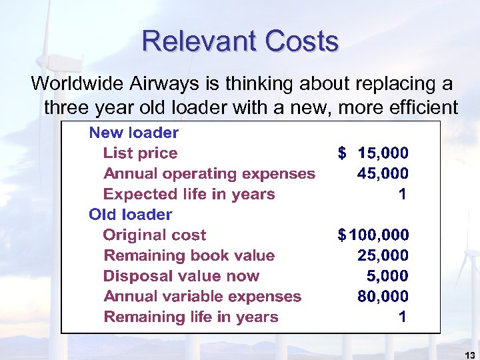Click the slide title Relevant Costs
pyautogui.click(x=240, y=42)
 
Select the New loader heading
pyautogui.click(x=134, y=133)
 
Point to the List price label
pyautogui.click(x=140, y=153)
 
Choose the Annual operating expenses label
pyautogui.click(x=209, y=174)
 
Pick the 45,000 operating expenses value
pyautogui.click(x=383, y=174)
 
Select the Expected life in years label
pyautogui.click(x=189, y=195)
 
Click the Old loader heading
pyautogui.click(x=131, y=215)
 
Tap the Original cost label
pyautogui.click(x=155, y=235)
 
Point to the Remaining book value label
pyautogui.click(x=189, y=255)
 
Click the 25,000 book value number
pyautogui.click(x=383, y=255)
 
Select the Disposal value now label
pyautogui.click(x=181, y=276)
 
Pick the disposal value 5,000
pyautogui.click(x=388, y=276)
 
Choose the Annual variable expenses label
pyautogui.click(x=203, y=297)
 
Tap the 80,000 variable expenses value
pyautogui.click(x=383, y=297)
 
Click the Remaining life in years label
pyautogui.click(x=191, y=317)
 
